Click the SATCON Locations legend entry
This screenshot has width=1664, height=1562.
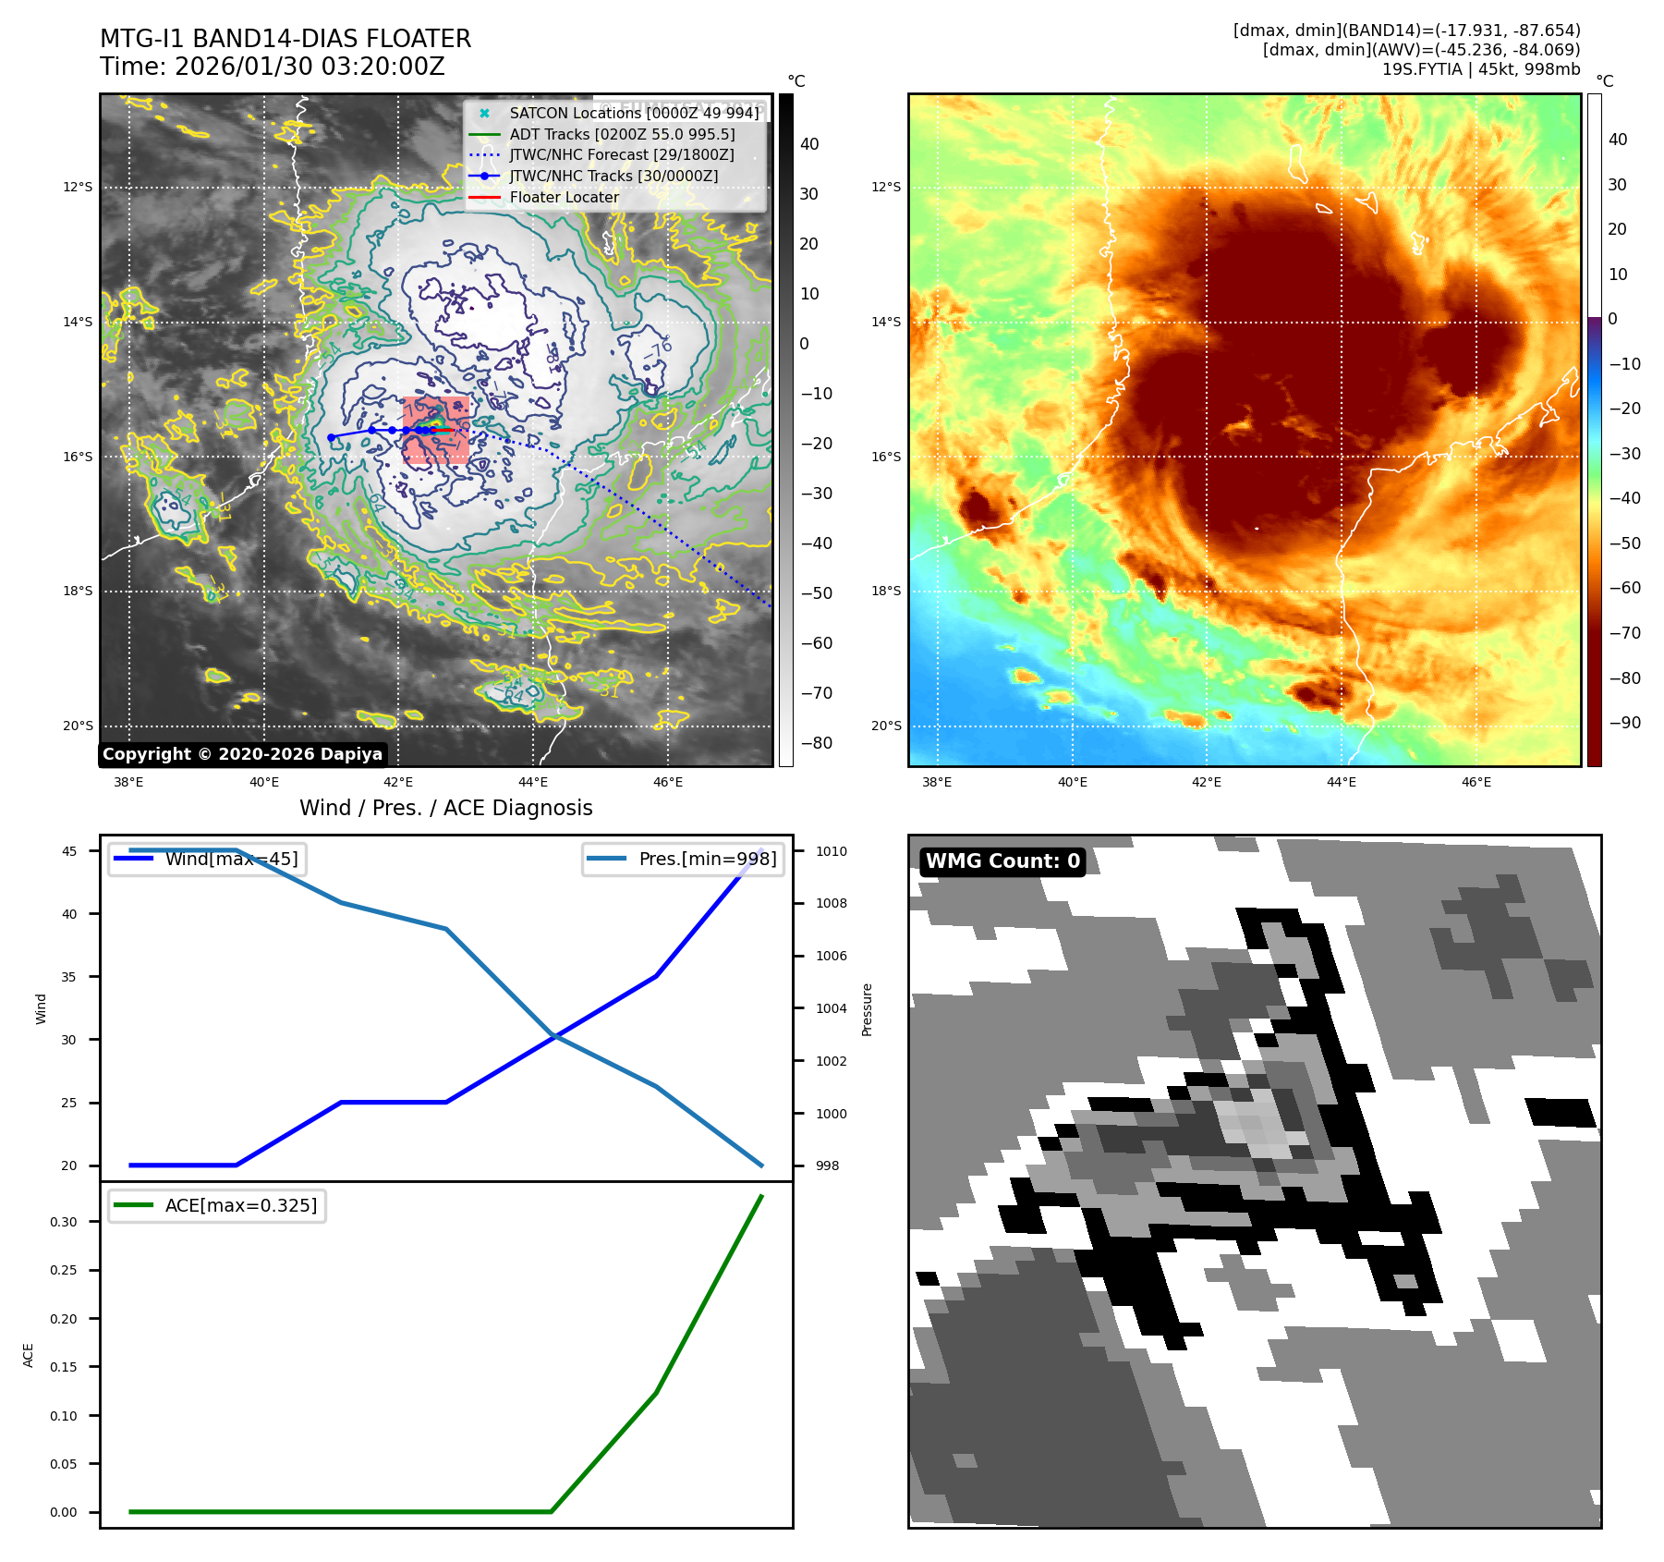(x=634, y=114)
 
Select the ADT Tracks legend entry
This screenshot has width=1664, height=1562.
(x=622, y=134)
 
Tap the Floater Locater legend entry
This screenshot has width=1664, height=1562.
(x=564, y=197)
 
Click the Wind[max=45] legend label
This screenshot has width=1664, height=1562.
(x=231, y=859)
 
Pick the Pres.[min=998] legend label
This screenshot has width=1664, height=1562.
(x=707, y=859)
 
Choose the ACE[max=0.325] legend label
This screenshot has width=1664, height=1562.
(x=240, y=1205)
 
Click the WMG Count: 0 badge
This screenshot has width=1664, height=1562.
(x=1002, y=861)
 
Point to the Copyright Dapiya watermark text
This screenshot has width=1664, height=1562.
(x=242, y=754)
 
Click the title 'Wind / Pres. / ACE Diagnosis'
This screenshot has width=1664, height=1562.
(x=445, y=808)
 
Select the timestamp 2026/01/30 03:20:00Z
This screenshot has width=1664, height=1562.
(x=310, y=67)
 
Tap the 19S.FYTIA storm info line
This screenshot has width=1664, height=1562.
(x=1480, y=69)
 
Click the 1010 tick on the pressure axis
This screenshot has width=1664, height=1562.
(x=831, y=851)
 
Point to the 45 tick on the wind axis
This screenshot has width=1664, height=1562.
(x=69, y=851)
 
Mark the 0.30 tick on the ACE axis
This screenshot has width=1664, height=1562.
(x=64, y=1222)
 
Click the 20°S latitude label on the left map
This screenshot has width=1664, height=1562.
(x=78, y=726)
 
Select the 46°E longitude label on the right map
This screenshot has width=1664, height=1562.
(x=1476, y=782)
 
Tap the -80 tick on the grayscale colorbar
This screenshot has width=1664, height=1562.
(x=816, y=743)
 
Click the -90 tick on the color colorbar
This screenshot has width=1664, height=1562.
(x=1624, y=723)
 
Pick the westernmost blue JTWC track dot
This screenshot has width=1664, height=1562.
(x=331, y=437)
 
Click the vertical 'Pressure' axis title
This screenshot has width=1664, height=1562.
(x=867, y=1009)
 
